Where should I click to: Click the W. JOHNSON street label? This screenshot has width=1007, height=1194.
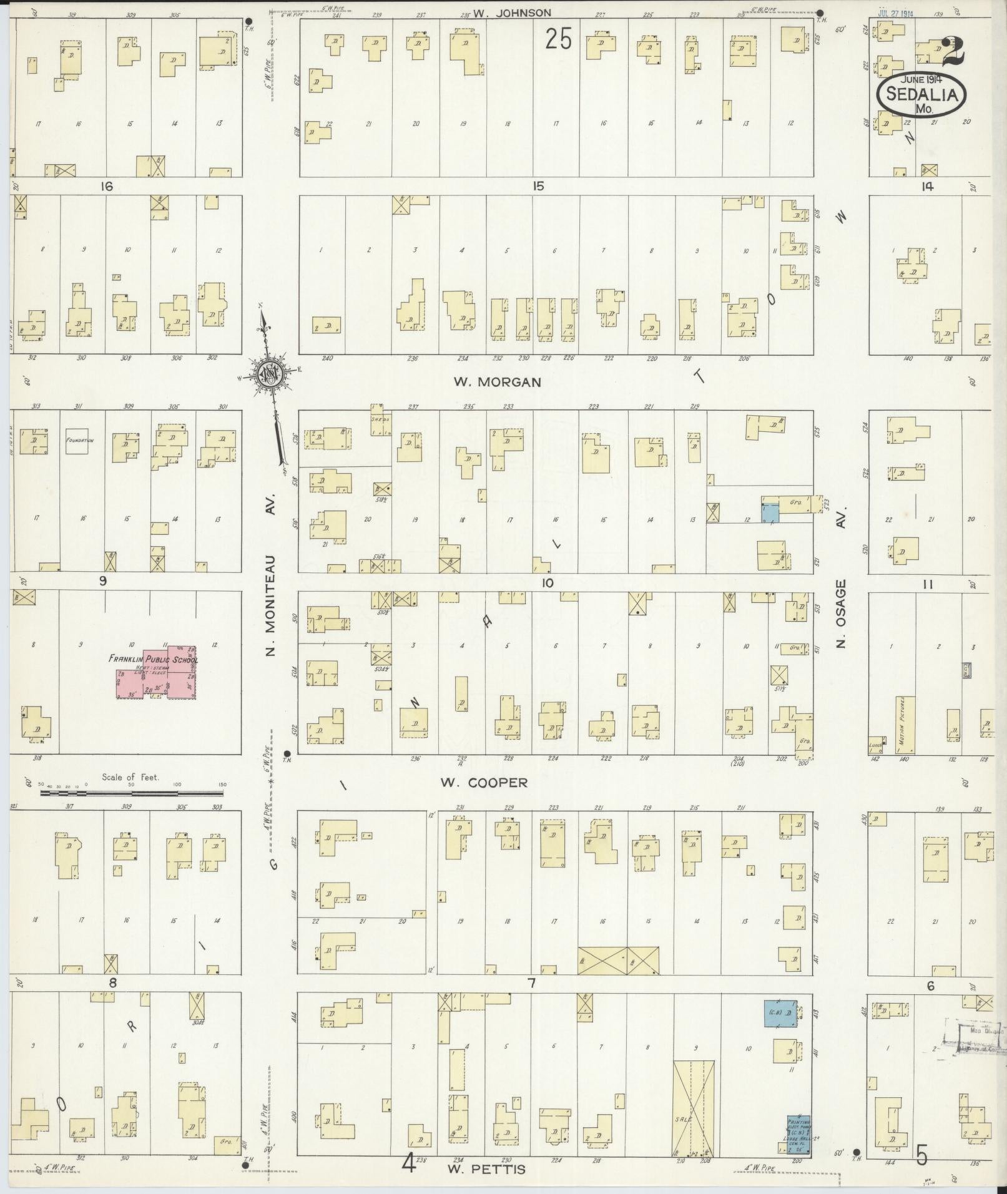coord(512,12)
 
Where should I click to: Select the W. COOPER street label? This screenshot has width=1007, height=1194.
coord(484,783)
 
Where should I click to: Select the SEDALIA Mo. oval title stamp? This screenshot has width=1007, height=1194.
coord(921,94)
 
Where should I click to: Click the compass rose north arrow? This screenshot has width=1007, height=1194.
coord(271,374)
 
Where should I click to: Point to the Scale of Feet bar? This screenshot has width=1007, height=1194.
coord(131,793)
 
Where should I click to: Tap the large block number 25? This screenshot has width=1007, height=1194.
coord(558,39)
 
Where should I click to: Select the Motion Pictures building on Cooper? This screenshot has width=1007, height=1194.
coord(905,725)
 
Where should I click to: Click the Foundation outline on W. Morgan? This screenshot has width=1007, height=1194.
coord(79,440)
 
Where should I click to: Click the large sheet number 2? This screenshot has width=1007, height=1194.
coord(952,52)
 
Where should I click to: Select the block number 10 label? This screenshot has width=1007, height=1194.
coord(547,583)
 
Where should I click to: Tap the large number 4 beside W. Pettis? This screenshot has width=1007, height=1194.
coord(409,1163)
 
